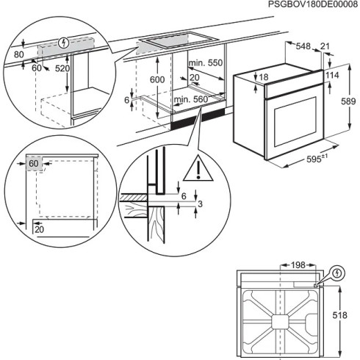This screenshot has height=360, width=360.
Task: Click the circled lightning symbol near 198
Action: tap(336, 273)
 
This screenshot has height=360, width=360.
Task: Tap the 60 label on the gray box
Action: tap(34, 162)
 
